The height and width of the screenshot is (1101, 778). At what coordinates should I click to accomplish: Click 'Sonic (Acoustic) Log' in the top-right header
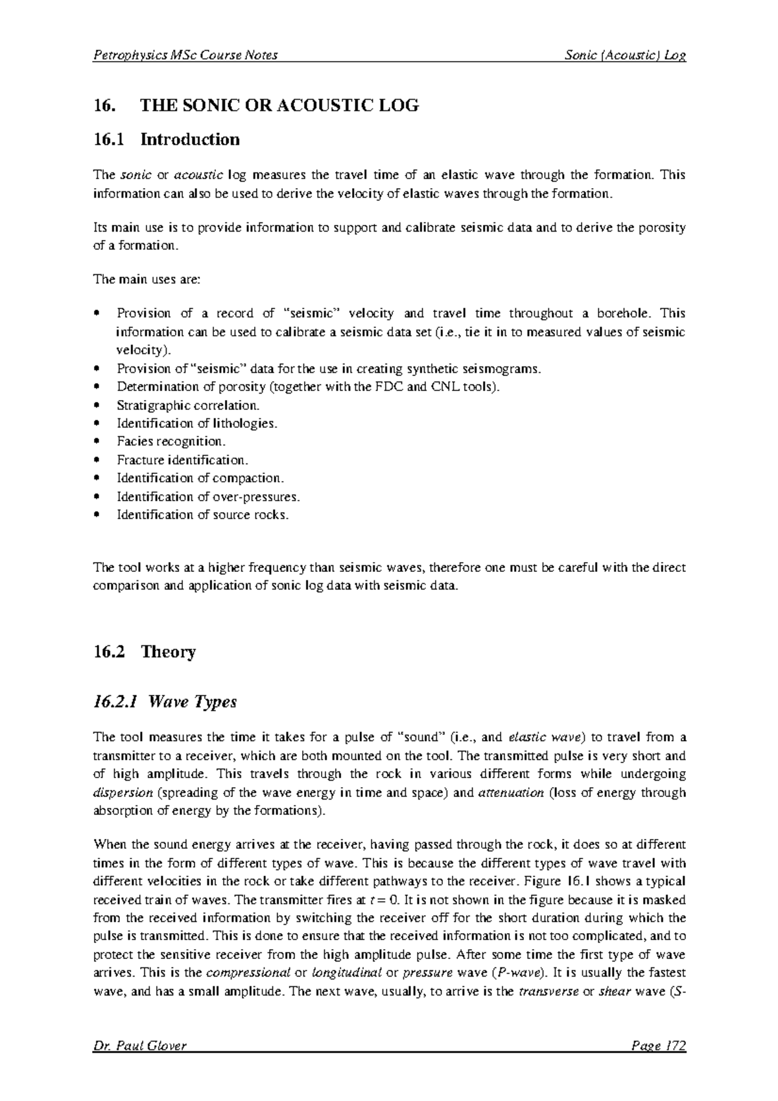(x=625, y=55)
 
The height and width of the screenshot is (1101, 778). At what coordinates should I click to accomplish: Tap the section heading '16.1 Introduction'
(x=167, y=139)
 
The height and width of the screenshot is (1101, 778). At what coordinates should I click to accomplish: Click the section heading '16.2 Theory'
(x=145, y=652)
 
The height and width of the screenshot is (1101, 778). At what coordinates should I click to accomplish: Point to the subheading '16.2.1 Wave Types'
(x=165, y=702)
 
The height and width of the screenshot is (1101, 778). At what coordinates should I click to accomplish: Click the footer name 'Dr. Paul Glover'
(x=140, y=1046)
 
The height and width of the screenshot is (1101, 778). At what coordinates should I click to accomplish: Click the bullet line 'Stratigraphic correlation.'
(x=188, y=405)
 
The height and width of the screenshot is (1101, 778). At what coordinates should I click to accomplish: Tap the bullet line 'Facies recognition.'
(x=171, y=442)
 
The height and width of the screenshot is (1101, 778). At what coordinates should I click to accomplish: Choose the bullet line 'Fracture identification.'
(x=182, y=460)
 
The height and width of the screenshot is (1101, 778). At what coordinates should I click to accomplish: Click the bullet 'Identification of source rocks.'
(x=202, y=515)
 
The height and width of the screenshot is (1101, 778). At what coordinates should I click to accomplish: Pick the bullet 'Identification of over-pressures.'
(x=208, y=497)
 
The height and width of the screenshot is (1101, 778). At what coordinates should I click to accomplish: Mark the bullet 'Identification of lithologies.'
(x=196, y=423)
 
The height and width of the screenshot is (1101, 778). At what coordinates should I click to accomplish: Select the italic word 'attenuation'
(x=510, y=792)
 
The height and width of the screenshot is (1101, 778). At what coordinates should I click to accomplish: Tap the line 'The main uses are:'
(x=148, y=279)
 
